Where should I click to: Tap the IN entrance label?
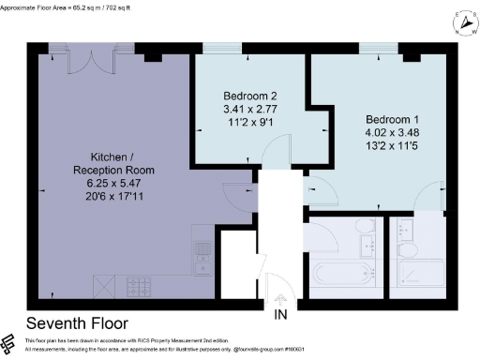(x=279, y=315)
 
